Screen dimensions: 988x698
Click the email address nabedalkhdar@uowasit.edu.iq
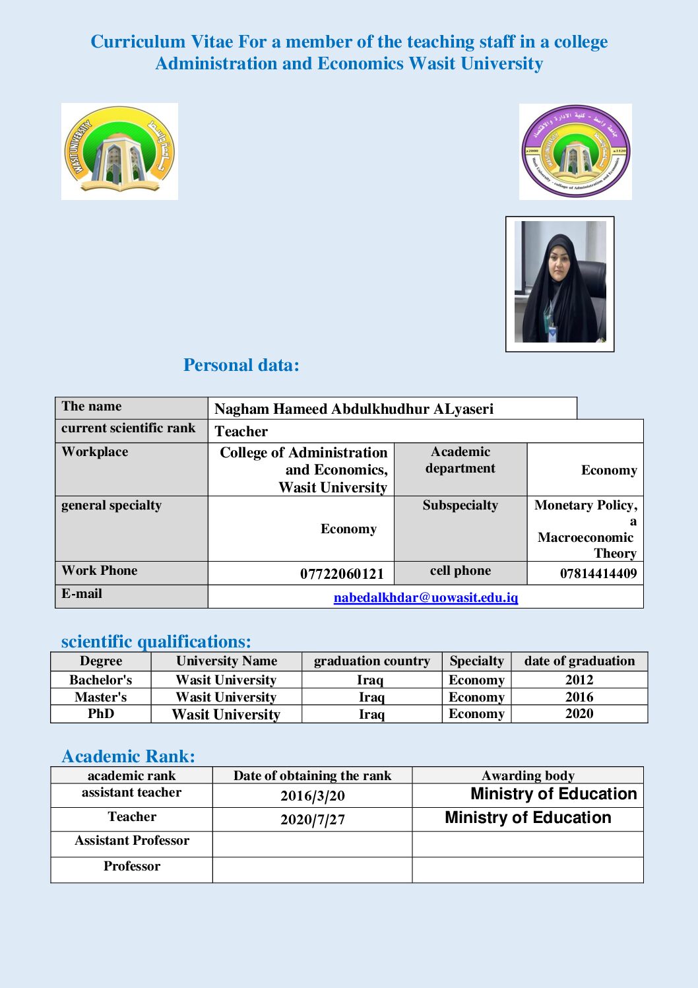(x=426, y=597)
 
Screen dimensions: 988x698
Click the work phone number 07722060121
(x=342, y=574)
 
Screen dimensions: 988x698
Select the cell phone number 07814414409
(x=598, y=574)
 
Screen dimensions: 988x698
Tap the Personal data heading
(x=241, y=365)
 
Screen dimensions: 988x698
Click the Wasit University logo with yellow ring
(x=119, y=151)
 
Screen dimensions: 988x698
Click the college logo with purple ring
(x=575, y=151)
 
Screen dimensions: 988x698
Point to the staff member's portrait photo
(x=559, y=284)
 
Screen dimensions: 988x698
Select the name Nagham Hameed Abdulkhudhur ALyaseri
(x=354, y=409)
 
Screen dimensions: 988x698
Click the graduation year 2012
(x=579, y=680)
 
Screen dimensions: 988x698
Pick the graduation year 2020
(x=579, y=714)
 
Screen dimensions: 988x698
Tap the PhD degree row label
(x=101, y=714)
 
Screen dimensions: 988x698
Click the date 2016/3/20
(x=312, y=796)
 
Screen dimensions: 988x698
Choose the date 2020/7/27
(x=312, y=820)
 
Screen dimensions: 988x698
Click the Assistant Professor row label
(x=132, y=841)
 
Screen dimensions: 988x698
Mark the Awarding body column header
(x=528, y=775)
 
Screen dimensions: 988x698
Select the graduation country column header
(x=371, y=661)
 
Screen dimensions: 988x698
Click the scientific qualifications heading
(x=156, y=642)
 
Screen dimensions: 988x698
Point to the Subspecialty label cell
(x=460, y=506)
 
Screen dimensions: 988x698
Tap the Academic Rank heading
(x=128, y=756)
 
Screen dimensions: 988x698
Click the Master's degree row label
(x=101, y=697)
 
